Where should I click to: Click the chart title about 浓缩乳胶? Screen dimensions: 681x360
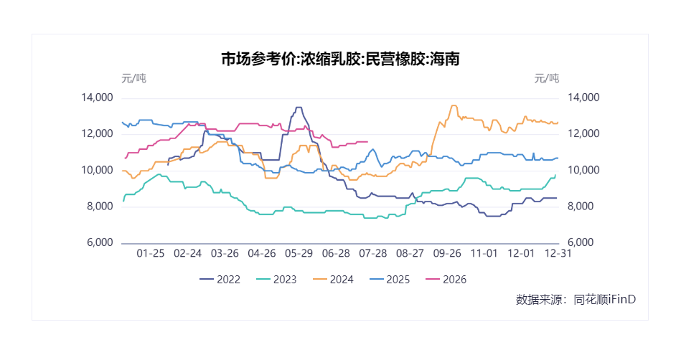340,59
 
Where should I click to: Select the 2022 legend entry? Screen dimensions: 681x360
220,279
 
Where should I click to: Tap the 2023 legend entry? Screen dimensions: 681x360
276,279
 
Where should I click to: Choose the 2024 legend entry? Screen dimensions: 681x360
333,279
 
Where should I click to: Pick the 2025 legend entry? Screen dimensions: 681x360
390,279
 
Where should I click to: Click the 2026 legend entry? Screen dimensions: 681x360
446,279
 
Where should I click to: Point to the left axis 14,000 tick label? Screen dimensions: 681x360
98,98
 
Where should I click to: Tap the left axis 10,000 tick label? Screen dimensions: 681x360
98,170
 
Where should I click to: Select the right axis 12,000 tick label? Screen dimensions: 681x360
583,133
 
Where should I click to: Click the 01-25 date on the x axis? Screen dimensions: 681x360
151,253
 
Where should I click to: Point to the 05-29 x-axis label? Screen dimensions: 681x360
299,253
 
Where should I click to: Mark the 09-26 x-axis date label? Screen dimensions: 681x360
447,253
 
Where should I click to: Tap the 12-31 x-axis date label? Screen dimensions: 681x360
558,253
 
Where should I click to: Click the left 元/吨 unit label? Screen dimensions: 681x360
133,79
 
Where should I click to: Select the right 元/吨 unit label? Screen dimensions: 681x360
546,79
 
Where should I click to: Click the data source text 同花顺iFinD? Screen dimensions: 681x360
604,299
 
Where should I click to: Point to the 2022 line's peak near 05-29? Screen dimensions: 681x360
299,108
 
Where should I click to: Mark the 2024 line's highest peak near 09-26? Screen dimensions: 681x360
454,105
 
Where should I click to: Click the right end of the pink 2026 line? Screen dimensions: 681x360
368,141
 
